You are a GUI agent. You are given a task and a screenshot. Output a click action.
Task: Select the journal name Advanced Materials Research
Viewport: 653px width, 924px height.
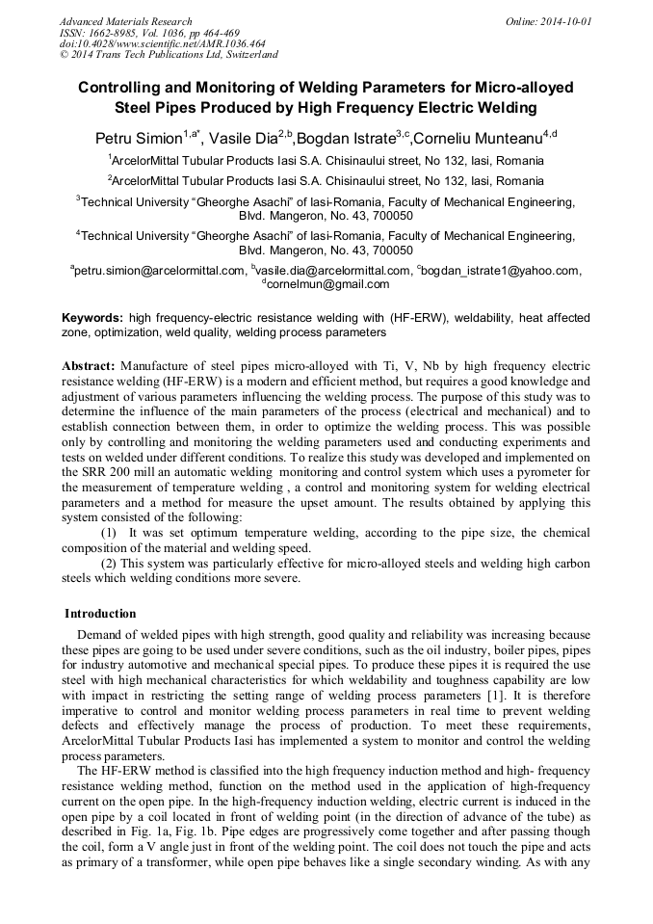[x=125, y=21]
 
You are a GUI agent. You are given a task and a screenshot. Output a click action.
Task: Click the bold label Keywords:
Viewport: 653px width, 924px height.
[x=92, y=317]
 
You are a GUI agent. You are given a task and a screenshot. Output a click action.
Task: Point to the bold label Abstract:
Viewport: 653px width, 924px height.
[x=89, y=367]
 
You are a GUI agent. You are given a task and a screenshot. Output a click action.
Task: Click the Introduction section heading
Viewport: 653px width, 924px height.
[x=100, y=614]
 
